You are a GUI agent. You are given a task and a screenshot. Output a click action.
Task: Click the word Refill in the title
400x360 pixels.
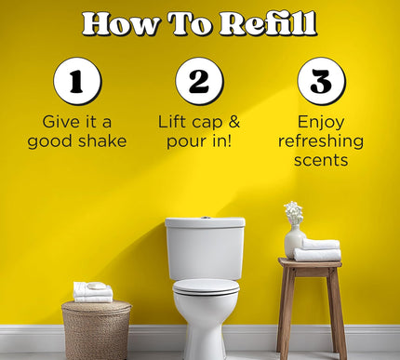tap(264, 23)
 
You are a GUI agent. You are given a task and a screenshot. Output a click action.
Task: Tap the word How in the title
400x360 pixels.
tap(117, 23)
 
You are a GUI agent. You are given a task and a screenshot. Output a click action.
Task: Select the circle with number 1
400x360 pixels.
tap(76, 81)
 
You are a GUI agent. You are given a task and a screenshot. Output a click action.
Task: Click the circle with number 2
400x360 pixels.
tap(199, 81)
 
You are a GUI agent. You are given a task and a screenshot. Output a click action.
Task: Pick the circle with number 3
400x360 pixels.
tap(321, 81)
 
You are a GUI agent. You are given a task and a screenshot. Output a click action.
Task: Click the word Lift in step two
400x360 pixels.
tap(175, 122)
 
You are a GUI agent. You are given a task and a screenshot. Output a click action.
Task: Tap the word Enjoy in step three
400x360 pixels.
tap(321, 122)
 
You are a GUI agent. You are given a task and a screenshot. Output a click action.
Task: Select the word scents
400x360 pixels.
tap(321, 160)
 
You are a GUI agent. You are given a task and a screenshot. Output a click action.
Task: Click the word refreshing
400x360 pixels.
tap(321, 141)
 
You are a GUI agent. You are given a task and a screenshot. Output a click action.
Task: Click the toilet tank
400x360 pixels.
tap(205, 249)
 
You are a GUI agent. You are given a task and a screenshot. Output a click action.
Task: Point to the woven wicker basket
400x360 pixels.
tap(96, 330)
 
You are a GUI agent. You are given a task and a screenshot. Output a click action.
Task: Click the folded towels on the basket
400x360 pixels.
tap(93, 292)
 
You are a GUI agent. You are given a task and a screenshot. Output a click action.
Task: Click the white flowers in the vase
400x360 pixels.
tap(294, 213)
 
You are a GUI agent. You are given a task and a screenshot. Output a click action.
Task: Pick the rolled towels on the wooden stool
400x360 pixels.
tap(318, 249)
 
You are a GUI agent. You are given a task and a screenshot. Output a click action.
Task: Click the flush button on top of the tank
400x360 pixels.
tap(205, 219)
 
